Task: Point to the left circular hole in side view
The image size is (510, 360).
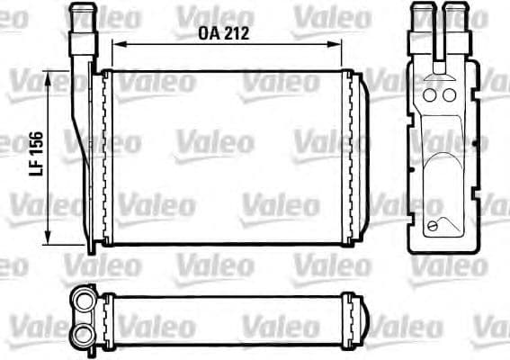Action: (429, 94)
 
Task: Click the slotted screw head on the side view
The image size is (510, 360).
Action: (435, 225)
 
